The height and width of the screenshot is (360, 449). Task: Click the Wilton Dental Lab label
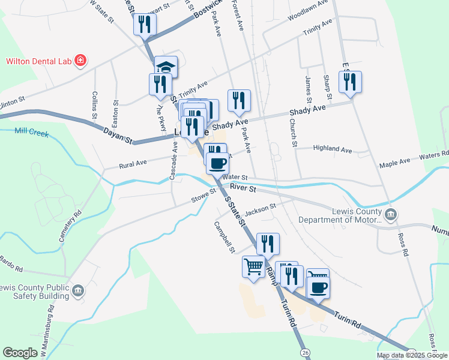[40, 61]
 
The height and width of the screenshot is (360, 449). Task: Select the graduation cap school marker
[166, 68]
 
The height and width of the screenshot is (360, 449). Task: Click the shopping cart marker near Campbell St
[253, 267]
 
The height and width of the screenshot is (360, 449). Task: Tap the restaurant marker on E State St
[350, 82]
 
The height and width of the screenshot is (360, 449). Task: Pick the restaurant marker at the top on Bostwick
[145, 25]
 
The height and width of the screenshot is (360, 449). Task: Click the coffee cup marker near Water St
[217, 162]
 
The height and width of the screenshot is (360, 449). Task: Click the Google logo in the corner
[20, 353]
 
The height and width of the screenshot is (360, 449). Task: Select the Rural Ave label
[133, 164]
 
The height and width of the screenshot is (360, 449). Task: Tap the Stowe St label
[203, 196]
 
